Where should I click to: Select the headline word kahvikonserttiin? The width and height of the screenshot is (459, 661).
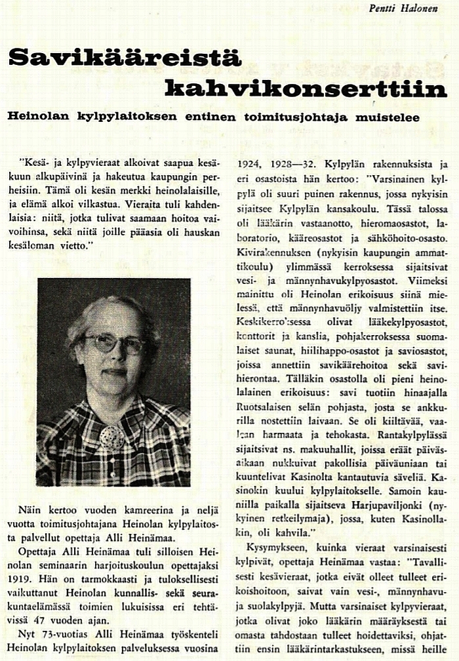pos(306,87)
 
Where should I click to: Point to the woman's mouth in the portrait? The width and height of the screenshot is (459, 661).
pos(114,372)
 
